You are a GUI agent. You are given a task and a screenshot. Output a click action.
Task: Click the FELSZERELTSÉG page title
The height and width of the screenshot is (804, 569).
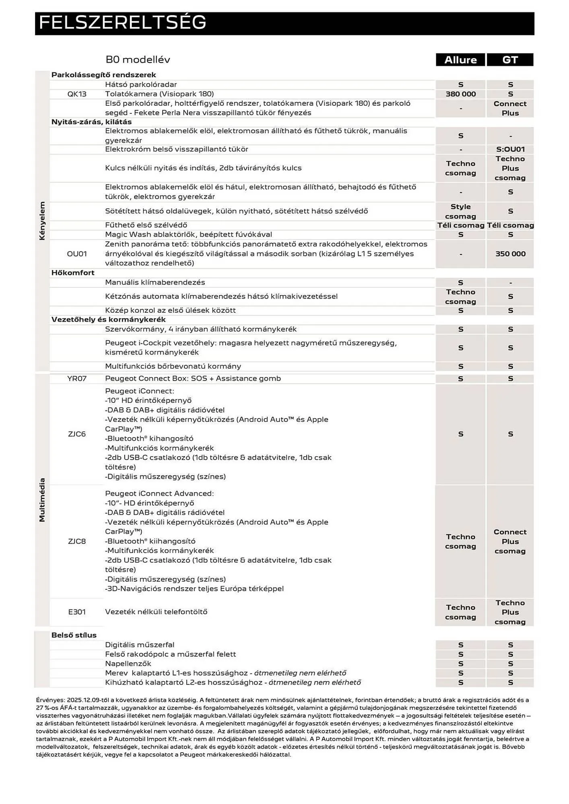122,23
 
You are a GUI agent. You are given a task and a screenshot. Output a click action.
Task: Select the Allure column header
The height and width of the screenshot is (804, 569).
460,60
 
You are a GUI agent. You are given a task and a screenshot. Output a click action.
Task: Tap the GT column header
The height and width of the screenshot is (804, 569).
510,60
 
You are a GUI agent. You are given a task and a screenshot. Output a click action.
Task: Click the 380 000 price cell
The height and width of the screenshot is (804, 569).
460,94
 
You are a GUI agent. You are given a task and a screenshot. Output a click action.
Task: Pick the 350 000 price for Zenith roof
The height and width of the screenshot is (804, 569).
510,254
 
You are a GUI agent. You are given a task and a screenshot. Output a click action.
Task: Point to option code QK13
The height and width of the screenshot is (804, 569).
77,94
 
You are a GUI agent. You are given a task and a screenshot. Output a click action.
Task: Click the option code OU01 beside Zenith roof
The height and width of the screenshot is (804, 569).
77,254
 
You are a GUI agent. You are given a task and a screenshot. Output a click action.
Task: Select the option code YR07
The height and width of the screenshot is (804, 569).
77,378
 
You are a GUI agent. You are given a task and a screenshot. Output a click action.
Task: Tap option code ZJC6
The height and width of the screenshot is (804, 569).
77,434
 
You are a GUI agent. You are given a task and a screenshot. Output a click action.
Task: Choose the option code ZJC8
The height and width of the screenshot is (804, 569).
77,541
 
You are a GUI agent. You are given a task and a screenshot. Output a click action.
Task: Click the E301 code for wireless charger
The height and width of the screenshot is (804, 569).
77,612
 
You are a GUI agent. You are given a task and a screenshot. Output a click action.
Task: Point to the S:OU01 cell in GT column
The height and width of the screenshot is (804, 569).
510,149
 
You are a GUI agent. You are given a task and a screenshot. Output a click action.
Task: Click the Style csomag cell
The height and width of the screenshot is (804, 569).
460,211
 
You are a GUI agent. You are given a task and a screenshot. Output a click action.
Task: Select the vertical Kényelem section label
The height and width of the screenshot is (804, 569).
42,221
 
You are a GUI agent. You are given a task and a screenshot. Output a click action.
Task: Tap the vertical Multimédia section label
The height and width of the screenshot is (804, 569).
42,500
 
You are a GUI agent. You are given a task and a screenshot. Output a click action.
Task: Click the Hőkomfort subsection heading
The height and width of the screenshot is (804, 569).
73,273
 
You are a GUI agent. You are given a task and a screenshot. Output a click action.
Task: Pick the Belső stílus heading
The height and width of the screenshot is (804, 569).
74,635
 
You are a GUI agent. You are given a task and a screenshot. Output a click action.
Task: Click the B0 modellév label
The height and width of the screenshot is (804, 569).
138,60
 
